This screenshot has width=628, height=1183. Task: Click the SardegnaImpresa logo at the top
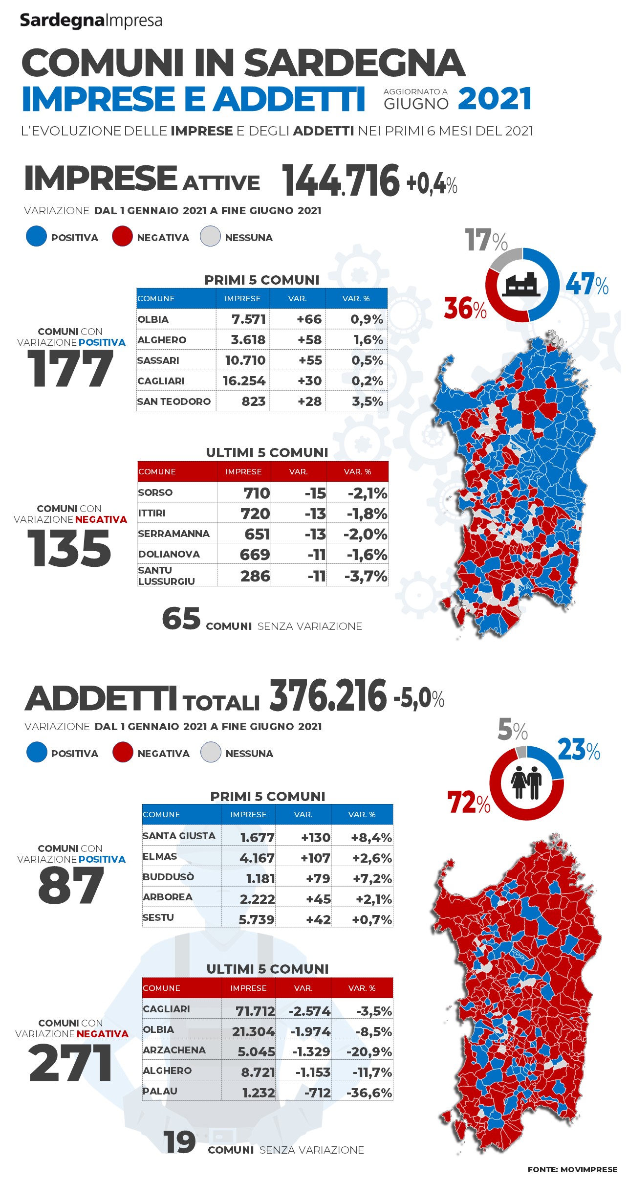click(x=91, y=21)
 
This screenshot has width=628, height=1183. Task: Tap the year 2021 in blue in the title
click(x=495, y=99)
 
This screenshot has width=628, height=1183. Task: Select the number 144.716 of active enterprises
click(x=341, y=180)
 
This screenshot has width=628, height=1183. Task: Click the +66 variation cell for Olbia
click(x=309, y=319)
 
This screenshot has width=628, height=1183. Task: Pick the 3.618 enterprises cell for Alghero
click(x=248, y=340)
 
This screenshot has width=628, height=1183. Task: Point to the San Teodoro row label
click(x=174, y=402)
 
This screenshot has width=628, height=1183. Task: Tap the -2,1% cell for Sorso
click(x=368, y=493)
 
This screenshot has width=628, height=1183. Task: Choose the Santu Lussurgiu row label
click(x=167, y=576)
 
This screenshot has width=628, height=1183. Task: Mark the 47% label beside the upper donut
click(x=587, y=284)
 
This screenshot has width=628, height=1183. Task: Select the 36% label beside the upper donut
click(x=465, y=309)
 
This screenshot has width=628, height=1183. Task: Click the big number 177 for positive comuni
click(x=70, y=369)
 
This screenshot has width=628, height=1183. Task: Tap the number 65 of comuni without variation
click(x=181, y=619)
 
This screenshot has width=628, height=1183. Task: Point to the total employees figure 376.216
click(x=328, y=696)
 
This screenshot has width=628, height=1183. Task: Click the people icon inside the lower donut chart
click(x=526, y=783)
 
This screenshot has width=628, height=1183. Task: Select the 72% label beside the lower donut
click(x=469, y=803)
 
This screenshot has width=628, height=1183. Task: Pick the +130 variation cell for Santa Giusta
click(x=316, y=838)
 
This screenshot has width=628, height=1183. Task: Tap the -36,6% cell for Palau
click(x=369, y=1093)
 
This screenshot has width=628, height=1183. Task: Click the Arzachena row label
click(x=174, y=1050)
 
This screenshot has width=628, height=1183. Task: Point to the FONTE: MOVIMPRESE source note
click(x=572, y=1169)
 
